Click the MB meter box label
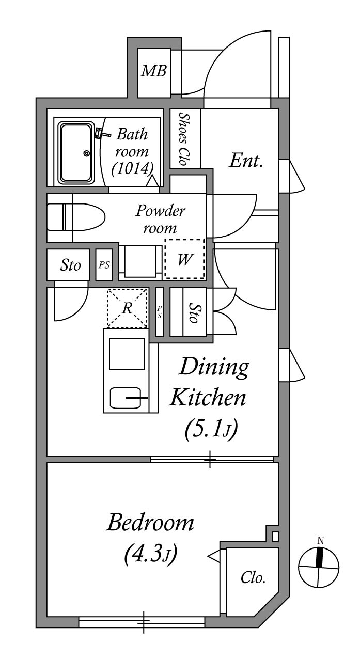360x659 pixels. coord(154,71)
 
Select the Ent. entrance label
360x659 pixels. coord(246,162)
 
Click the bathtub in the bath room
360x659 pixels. coord(76,152)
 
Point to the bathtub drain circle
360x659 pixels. coord(87,153)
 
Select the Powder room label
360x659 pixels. coord(160,219)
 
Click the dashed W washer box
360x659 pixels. coord(184,259)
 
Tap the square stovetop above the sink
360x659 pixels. coord(127,354)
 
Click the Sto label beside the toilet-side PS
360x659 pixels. coord(71,265)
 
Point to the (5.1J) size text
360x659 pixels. coord(211,429)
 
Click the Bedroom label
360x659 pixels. coord(150,523)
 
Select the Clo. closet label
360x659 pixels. coord(253,578)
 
